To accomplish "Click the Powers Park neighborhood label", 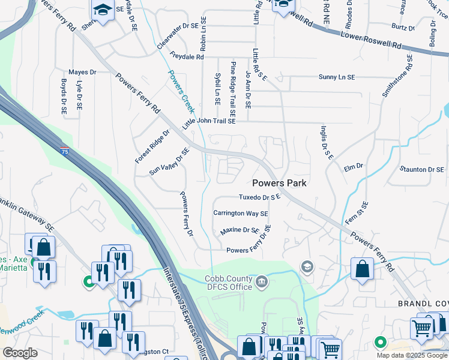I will click(x=279, y=183).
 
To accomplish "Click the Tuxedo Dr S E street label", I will click(x=260, y=197).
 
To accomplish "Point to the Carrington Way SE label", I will click(x=241, y=213).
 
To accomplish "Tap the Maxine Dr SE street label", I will click(x=240, y=230).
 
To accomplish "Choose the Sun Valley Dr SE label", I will click(x=169, y=161).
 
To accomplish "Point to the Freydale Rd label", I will click(x=187, y=57).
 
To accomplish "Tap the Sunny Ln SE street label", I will click(x=337, y=77).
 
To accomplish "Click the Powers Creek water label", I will click(x=181, y=91).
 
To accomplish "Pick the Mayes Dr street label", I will click(x=82, y=72).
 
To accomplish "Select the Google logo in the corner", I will click(x=20, y=353).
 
